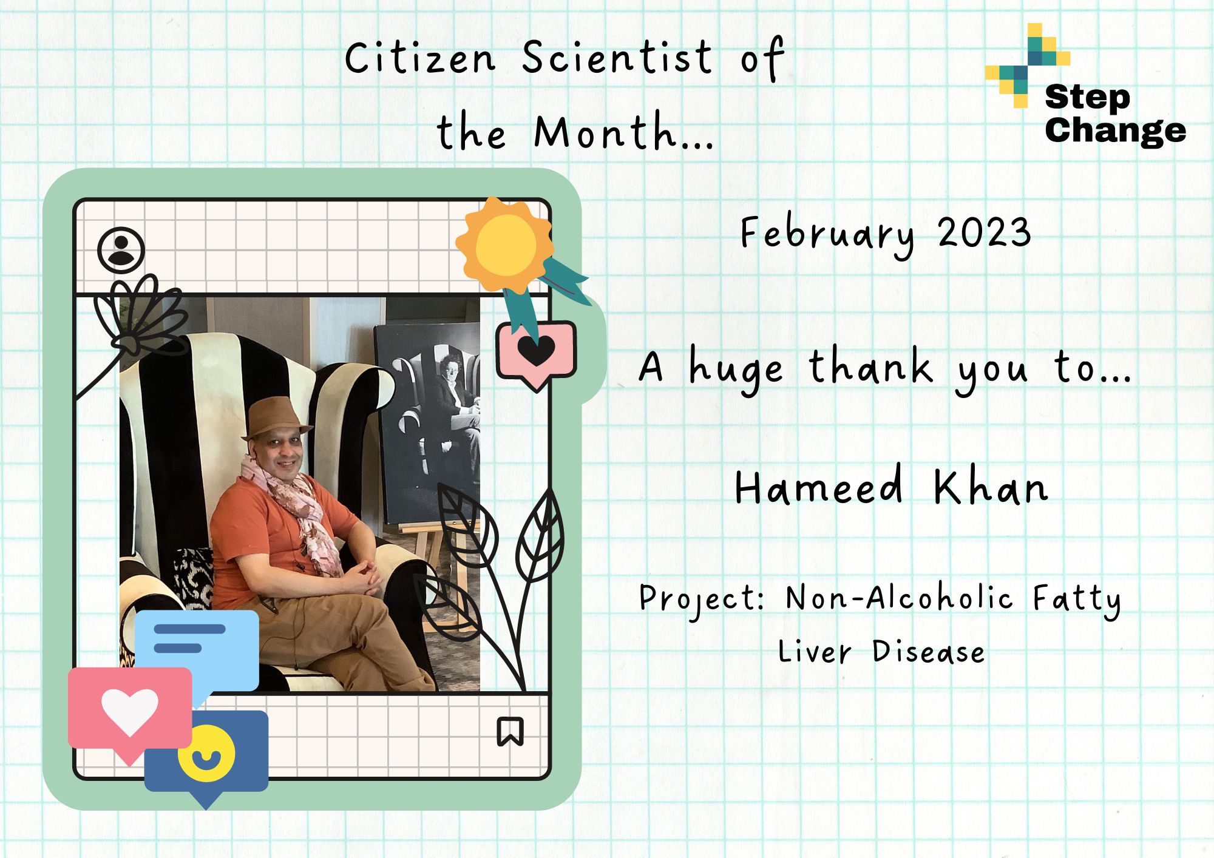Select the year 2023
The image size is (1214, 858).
coord(984,232)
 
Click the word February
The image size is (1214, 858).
coord(827,235)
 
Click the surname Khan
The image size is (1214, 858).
coord(991,486)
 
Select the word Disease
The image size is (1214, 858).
coord(928,651)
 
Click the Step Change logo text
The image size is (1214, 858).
coord(1115,114)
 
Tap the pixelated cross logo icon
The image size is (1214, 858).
coord(1027,66)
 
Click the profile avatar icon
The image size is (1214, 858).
coord(121,250)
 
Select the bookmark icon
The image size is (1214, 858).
coord(510,731)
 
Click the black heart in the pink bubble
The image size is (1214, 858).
coord(537,351)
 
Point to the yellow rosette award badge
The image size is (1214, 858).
coord(505,246)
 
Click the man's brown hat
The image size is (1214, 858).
coord(277,419)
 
